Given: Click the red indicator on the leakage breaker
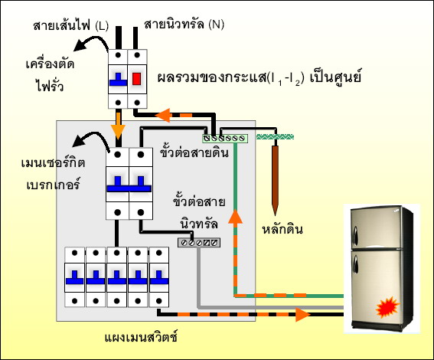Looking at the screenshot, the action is pyautogui.click(x=136, y=79).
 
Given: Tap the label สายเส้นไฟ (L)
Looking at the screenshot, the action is pyautogui.click(x=71, y=26).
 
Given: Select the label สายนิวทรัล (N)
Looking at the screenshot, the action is pyautogui.click(x=184, y=25).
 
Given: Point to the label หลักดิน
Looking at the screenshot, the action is pyautogui.click(x=282, y=229).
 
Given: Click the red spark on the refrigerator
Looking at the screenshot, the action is pyautogui.click(x=387, y=307).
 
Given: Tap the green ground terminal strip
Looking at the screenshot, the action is pyautogui.click(x=225, y=138).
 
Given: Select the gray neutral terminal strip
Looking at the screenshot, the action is pyautogui.click(x=199, y=243).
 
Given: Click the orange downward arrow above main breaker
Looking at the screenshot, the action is pyautogui.click(x=118, y=126).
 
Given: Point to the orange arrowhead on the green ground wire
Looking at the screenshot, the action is pyautogui.click(x=235, y=217).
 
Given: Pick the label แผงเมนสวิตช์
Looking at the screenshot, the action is pyautogui.click(x=141, y=337).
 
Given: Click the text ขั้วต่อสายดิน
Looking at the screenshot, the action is pyautogui.click(x=194, y=152).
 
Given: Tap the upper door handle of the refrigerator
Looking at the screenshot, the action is pyautogui.click(x=356, y=235).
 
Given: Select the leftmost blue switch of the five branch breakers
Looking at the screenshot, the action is pyautogui.click(x=75, y=277).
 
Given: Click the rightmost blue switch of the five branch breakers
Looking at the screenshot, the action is pyautogui.click(x=159, y=277).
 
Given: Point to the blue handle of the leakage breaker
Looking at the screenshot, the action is pyautogui.click(x=118, y=80).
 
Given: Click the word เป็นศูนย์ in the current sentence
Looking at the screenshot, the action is pyautogui.click(x=335, y=77).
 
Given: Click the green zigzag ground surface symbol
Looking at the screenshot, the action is pyautogui.click(x=275, y=136).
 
